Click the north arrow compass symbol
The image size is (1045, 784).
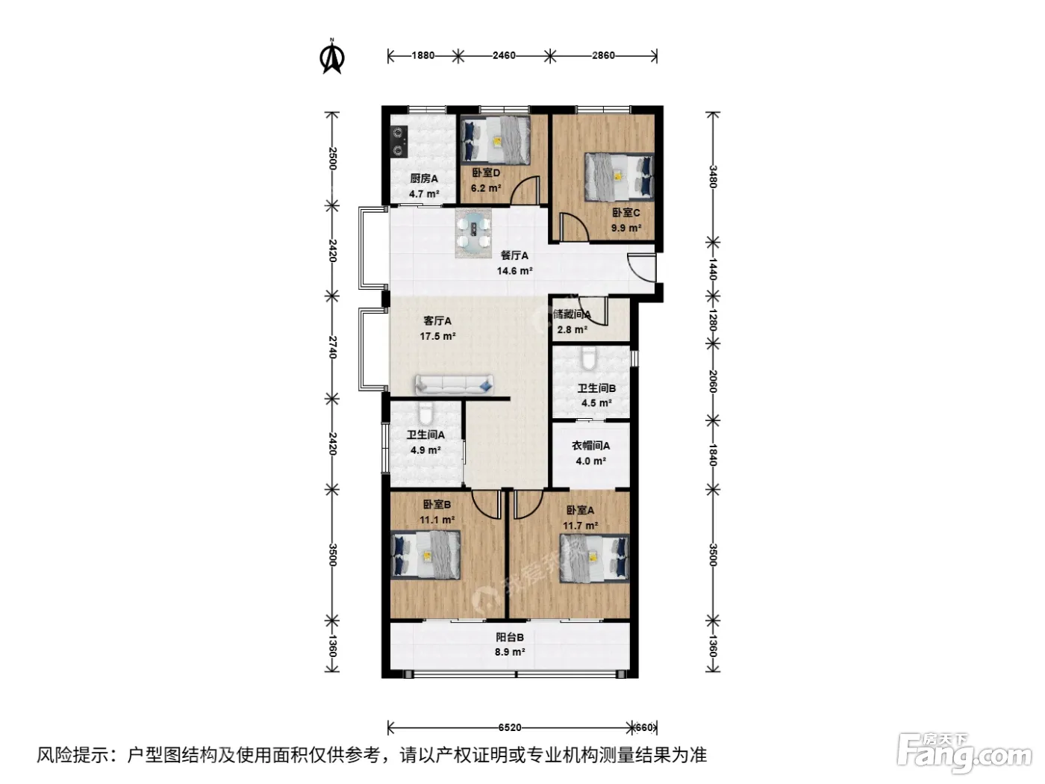332,57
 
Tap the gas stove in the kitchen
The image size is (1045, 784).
399,141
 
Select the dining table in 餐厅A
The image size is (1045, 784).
472,234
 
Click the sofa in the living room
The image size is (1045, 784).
454,385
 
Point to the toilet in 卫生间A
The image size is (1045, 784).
425,414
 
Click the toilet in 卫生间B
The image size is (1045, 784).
588,358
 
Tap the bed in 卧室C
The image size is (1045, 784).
619,177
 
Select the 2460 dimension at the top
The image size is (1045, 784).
504,56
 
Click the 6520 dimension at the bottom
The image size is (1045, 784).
509,727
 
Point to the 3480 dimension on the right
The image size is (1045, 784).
713,177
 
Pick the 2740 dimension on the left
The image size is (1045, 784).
333,347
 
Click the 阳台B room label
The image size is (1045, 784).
510,637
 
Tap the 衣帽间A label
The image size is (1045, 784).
590,446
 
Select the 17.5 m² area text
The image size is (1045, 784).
437,336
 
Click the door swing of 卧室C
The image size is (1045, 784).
574,227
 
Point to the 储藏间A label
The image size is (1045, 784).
572,314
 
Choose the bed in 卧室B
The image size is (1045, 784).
425,555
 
